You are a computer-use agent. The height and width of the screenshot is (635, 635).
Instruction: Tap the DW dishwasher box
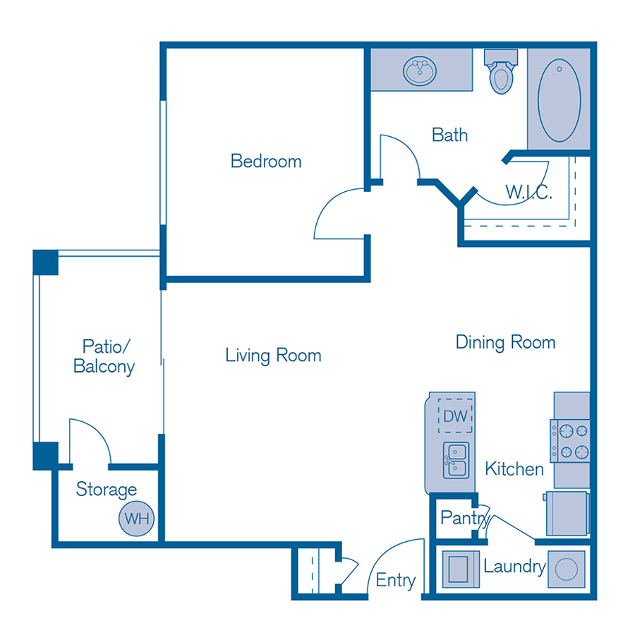pos(456,416)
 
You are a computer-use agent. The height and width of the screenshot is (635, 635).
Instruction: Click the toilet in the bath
pos(502,73)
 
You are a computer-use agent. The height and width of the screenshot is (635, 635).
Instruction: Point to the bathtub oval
pos(560,99)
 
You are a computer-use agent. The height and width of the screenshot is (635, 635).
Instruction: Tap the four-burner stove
pos(570,440)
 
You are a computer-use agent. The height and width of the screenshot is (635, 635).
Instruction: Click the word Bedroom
pos(266,161)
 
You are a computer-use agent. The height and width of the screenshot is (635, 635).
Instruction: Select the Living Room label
pos(273,355)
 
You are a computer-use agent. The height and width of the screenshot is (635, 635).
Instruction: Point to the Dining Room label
pos(505,343)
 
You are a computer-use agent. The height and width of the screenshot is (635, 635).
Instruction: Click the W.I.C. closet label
pos(528,192)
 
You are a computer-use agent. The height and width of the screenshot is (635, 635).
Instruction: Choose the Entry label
pos(395,580)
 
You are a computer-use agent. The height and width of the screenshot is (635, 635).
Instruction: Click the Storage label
pos(107,490)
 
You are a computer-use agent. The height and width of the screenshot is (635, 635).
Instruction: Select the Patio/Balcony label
pos(104,356)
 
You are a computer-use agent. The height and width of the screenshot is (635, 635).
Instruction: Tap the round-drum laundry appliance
pos(566,569)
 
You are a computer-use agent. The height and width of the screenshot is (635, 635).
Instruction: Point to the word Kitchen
pos(514,468)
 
